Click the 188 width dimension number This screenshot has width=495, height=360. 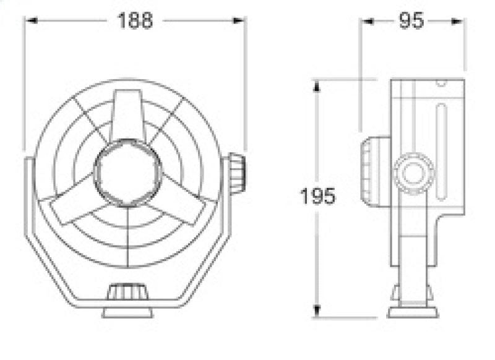click(135, 20)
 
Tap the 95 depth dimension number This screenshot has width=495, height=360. click(411, 20)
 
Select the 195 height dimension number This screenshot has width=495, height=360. click(318, 196)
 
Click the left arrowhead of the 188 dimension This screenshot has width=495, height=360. click(29, 20)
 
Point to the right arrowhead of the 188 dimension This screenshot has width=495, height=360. click(241, 20)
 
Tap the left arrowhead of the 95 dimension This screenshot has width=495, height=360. click(366, 20)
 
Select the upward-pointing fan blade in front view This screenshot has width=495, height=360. click(127, 114)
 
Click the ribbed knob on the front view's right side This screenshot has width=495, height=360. click(236, 174)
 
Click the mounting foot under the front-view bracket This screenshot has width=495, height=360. click(127, 311)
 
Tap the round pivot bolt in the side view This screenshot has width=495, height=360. click(413, 173)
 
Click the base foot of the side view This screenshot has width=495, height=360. click(413, 311)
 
